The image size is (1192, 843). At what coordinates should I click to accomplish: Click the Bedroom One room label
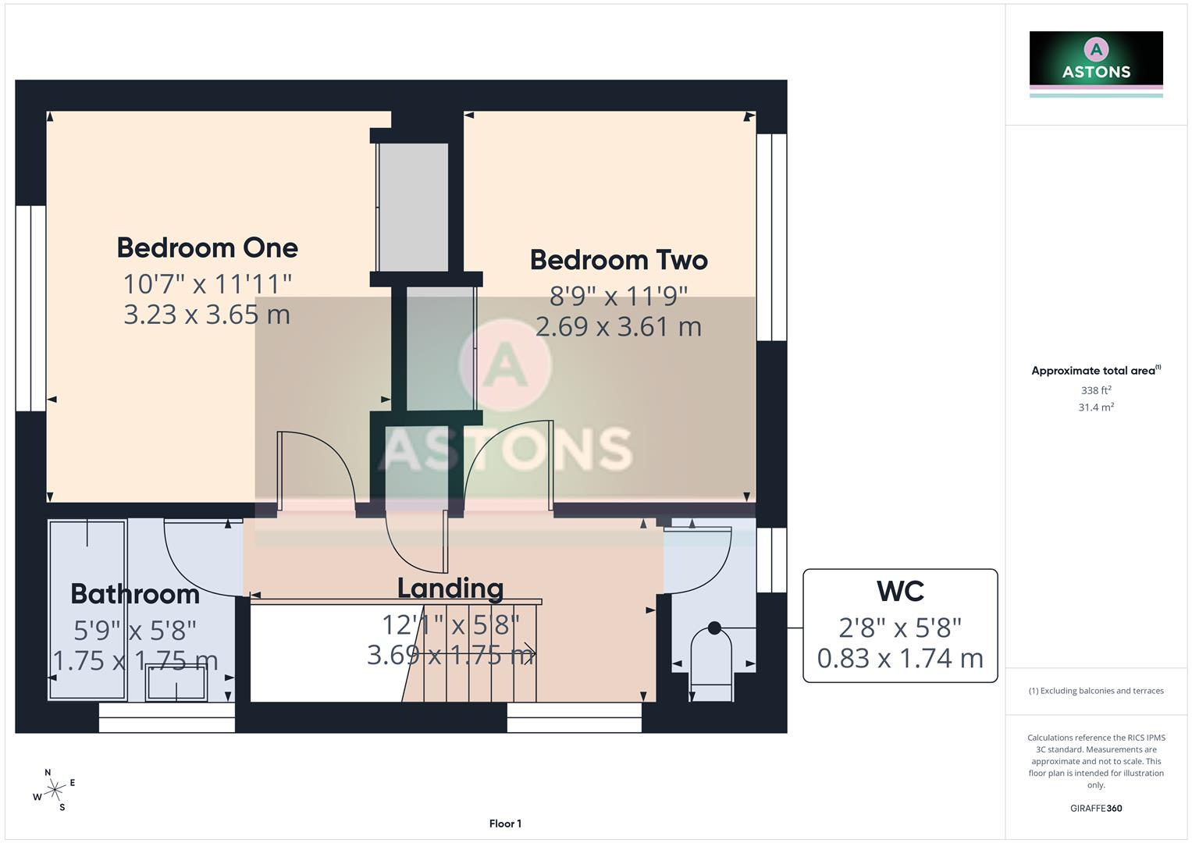207,247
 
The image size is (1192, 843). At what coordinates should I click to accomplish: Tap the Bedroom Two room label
618,260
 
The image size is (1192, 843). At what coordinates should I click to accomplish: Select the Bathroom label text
135,594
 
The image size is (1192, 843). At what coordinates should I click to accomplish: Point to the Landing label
450,588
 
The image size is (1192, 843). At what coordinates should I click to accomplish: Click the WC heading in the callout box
900,592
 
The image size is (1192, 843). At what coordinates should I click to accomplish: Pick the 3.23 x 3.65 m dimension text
207,315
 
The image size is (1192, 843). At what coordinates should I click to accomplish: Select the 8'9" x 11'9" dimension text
618,296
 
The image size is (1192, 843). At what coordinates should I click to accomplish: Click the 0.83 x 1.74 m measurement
900,659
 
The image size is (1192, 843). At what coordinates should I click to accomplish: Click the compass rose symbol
54,791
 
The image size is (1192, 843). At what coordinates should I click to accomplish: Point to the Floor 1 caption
505,823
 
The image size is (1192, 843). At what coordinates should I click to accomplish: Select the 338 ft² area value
1096,390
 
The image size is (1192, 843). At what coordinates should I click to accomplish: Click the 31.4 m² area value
1096,407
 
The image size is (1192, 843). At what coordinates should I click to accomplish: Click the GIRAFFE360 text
1096,808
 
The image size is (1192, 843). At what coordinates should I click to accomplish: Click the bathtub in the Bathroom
87,609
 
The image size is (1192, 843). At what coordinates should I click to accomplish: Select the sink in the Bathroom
176,686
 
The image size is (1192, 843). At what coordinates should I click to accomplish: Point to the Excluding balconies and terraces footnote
1096,691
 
